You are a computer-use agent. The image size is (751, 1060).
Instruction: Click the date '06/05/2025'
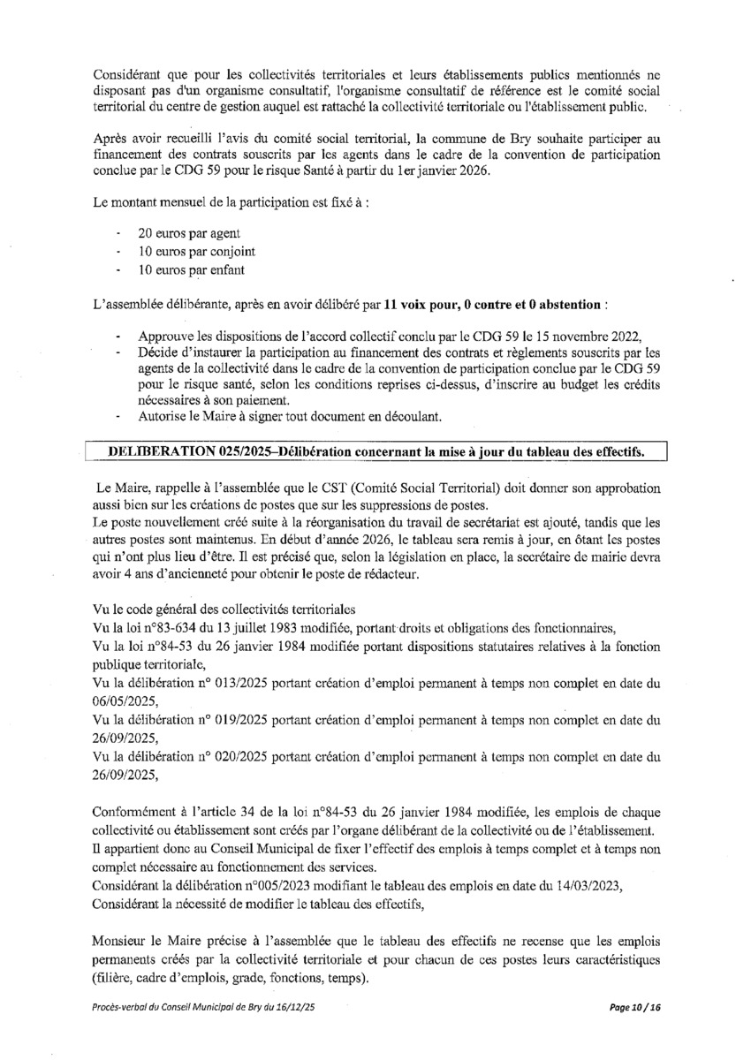[x=124, y=701]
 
